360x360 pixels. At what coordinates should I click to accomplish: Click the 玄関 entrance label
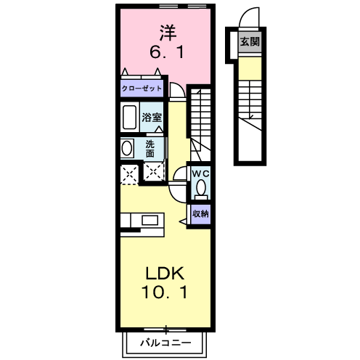250,41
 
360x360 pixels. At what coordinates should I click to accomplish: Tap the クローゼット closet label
142,89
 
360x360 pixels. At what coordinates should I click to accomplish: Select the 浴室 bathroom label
152,118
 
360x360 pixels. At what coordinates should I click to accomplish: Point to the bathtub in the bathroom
129,117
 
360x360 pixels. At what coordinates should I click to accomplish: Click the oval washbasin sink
127,148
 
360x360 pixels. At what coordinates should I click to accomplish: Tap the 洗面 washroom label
150,149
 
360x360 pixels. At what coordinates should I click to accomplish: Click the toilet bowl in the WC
201,188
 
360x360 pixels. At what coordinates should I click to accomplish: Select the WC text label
200,173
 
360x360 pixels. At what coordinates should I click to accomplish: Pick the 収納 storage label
200,214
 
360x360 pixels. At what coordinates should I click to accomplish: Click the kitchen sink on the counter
150,220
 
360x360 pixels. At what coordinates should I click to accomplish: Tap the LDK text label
165,274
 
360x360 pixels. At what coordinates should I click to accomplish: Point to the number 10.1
165,292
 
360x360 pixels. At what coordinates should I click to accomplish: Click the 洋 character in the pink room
168,33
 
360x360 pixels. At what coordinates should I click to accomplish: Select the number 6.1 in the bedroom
167,52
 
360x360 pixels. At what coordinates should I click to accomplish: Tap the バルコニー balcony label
165,343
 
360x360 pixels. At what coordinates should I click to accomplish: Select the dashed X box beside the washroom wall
154,172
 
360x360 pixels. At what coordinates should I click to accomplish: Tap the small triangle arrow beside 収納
183,221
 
